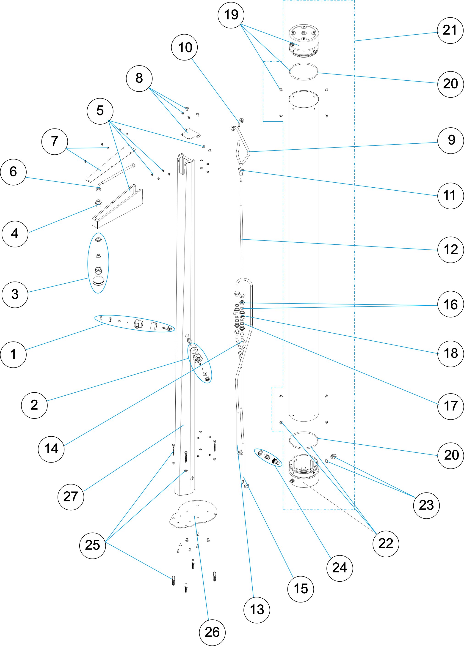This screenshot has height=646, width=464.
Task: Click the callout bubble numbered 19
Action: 231,15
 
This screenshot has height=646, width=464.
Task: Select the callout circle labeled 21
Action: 450,30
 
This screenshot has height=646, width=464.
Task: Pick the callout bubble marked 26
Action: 212,632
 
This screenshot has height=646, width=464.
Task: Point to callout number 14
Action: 51,449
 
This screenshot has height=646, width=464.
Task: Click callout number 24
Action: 340,568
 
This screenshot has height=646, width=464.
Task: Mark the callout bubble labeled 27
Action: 71,497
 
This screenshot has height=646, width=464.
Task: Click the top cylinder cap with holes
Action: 304,40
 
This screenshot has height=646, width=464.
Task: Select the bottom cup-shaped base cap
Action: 304,471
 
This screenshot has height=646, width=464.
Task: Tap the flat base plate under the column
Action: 194,514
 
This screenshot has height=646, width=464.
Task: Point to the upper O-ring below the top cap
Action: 304,71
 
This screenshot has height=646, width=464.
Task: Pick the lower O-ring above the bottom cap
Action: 304,440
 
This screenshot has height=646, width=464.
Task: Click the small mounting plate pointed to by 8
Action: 191,133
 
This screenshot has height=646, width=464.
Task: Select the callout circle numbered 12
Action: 451,250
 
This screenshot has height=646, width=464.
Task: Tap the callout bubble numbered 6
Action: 13,172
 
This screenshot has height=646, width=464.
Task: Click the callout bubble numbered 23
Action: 426,505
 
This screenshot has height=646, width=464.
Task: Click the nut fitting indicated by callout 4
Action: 98,203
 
